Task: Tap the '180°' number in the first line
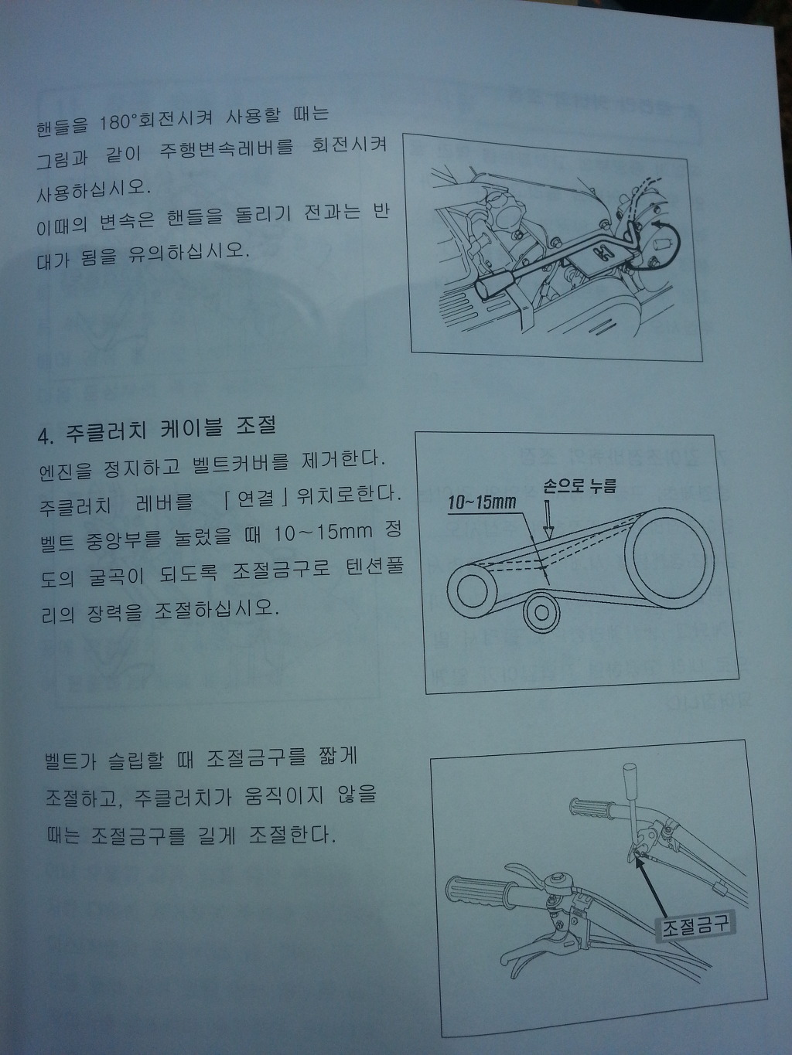114,123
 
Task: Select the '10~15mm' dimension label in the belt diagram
482,502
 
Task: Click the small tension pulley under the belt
541,613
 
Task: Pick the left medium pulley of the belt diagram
472,590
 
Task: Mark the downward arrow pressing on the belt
548,520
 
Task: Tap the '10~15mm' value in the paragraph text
323,533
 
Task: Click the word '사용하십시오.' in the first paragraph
94,190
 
